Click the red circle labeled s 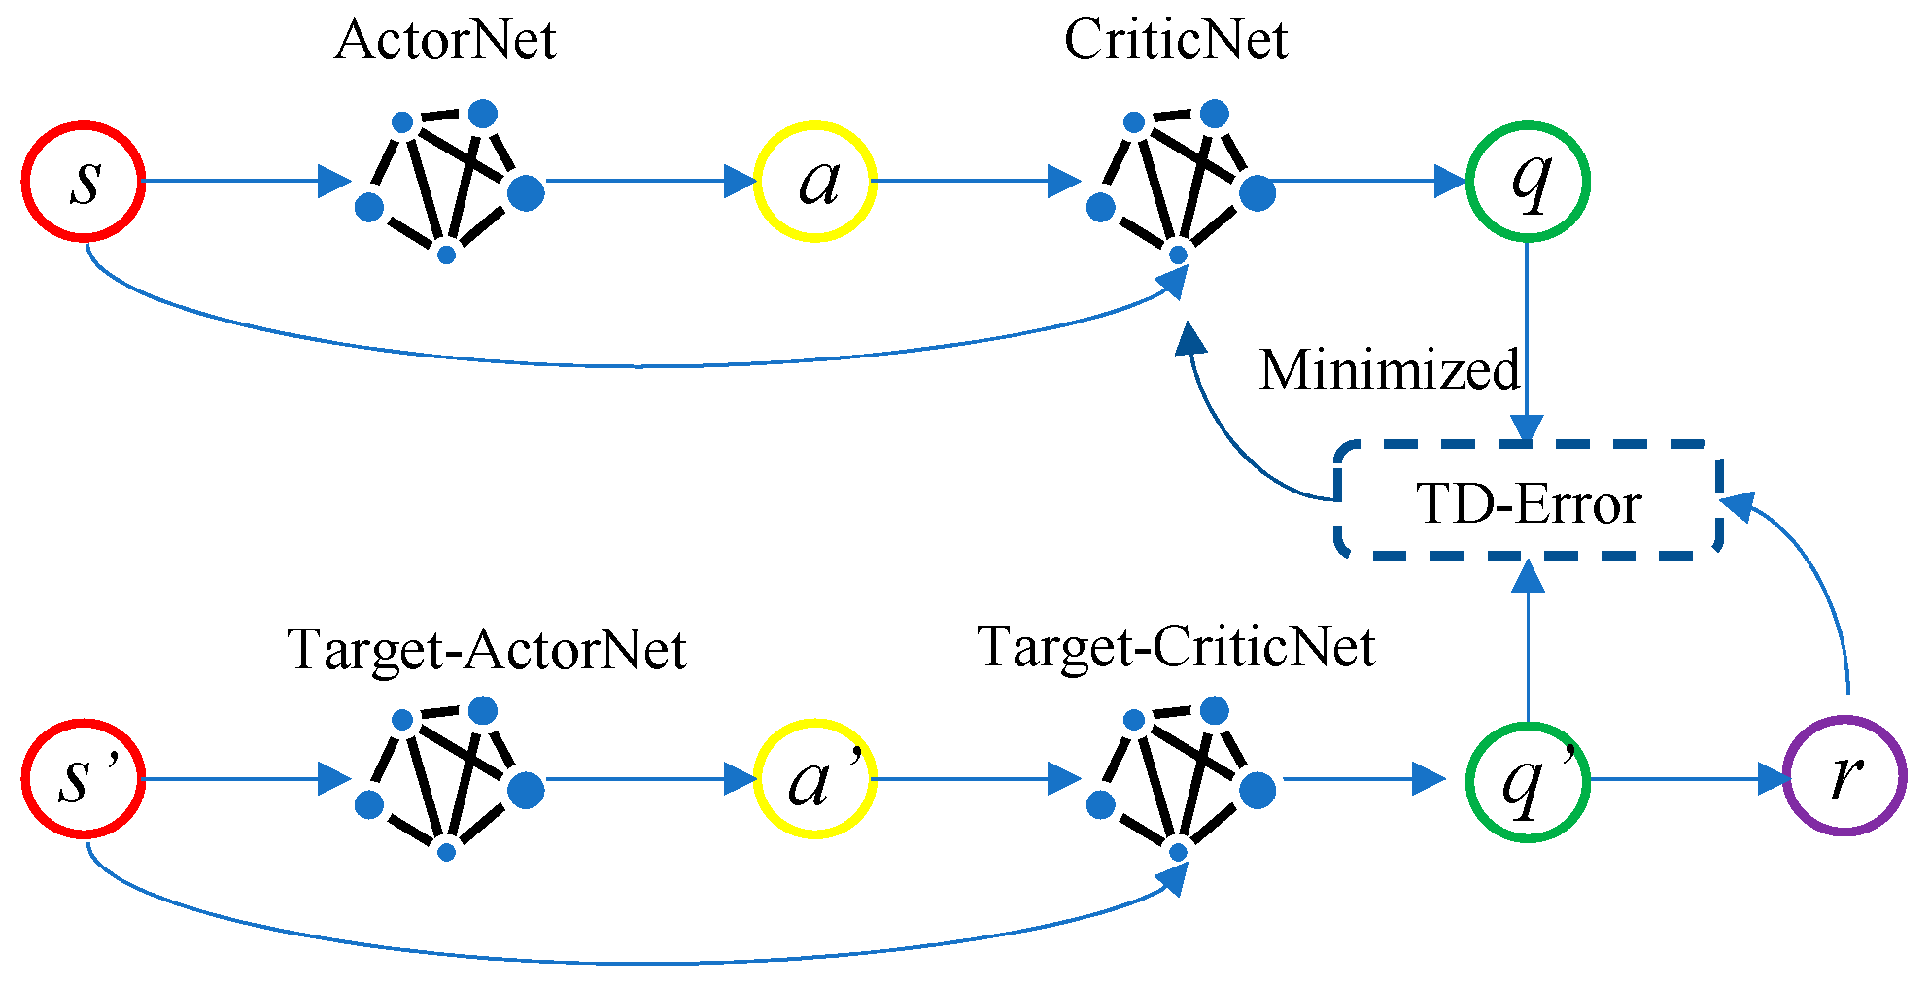[x=85, y=181]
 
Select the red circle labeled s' [x=85, y=779]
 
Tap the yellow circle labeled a [x=815, y=181]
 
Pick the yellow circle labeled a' [x=815, y=779]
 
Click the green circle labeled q [x=1528, y=181]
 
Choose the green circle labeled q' [x=1528, y=779]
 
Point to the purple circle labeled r [x=1844, y=776]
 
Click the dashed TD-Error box [x=1529, y=501]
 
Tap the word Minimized [x=1390, y=370]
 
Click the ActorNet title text [x=445, y=41]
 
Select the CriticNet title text [x=1176, y=41]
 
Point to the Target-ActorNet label [x=487, y=649]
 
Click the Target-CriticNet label [x=1176, y=647]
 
